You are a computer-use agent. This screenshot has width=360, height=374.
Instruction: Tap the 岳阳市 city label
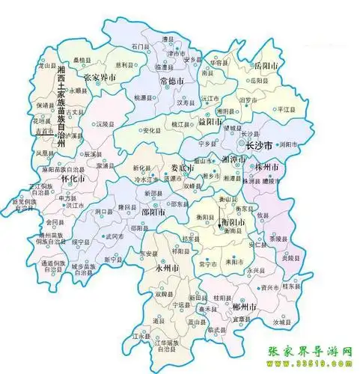[x=266, y=67]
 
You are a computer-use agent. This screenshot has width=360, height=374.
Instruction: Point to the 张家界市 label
[x=100, y=77]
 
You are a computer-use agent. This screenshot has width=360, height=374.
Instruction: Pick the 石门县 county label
[x=140, y=46]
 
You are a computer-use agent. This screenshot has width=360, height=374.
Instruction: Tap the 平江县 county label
[x=285, y=110]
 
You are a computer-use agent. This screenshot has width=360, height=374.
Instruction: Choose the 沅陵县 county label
[x=105, y=123]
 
